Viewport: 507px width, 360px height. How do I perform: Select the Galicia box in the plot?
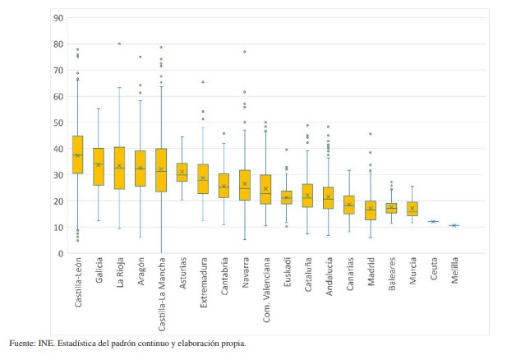[99, 167]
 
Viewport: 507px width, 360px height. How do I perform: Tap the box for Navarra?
[244, 185]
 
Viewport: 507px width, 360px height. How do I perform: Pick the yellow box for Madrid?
[371, 210]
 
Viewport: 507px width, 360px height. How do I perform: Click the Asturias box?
[182, 172]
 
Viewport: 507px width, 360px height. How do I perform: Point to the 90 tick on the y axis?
[58, 18]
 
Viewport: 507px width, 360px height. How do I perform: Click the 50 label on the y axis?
[58, 122]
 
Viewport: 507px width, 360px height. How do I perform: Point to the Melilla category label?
[454, 278]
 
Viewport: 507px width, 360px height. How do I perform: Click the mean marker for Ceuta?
[434, 221]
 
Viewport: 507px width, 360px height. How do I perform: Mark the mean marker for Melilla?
[454, 225]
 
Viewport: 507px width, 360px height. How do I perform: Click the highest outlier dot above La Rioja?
[119, 44]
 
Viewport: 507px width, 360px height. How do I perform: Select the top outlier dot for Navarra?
[244, 52]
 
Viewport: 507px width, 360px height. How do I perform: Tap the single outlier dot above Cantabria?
[224, 133]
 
